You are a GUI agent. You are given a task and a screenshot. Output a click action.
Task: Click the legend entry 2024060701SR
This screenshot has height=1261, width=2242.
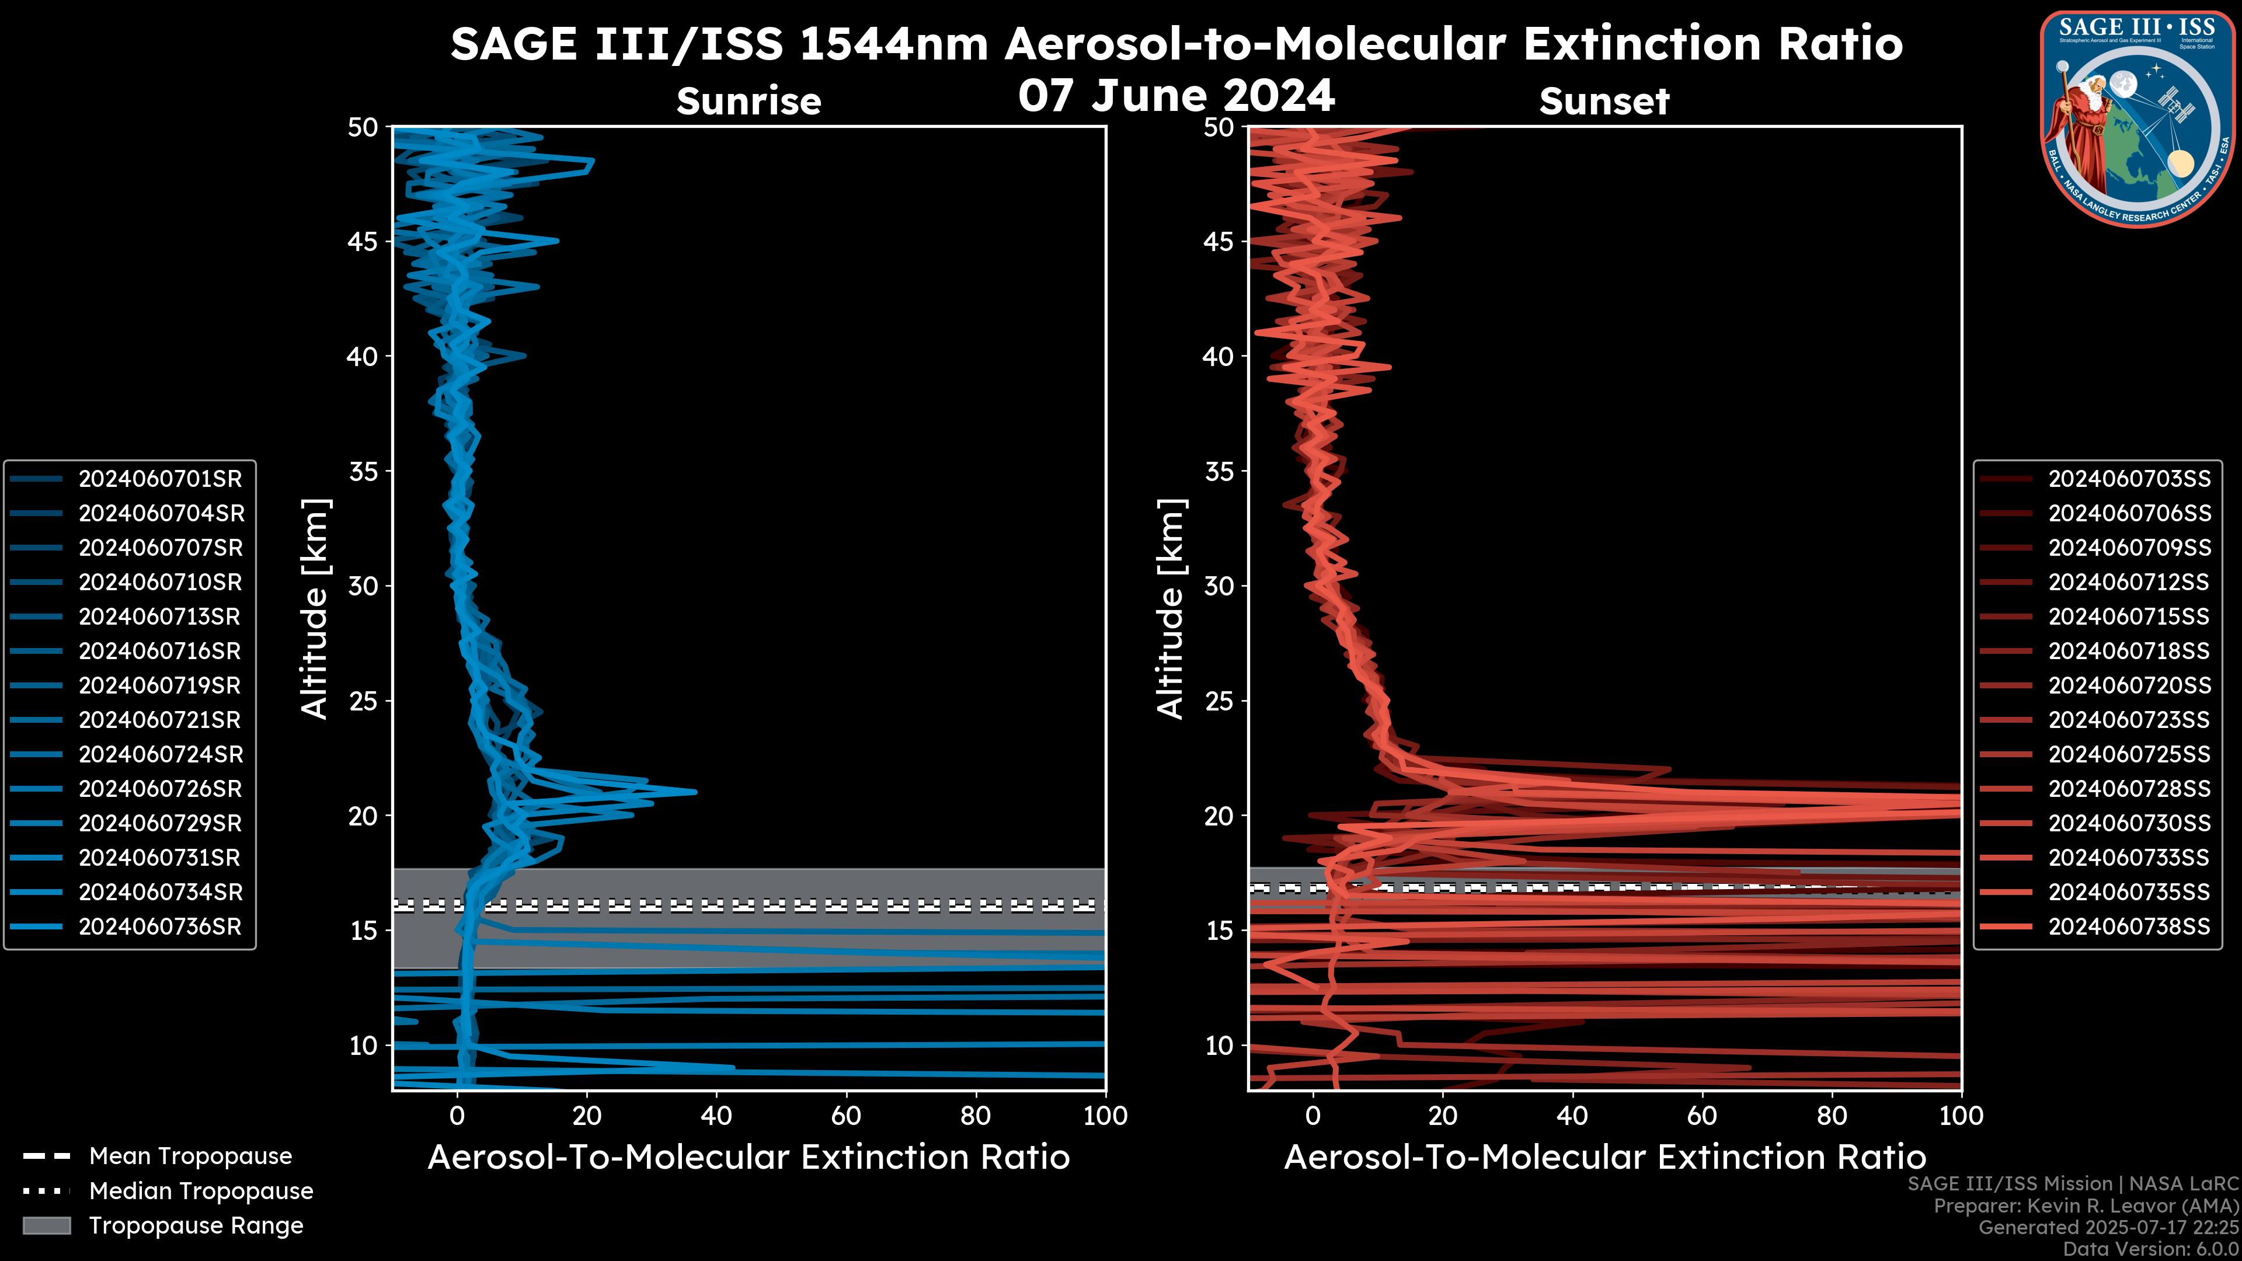pos(160,479)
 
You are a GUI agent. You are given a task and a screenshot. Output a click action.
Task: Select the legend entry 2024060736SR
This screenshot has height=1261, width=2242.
pos(160,927)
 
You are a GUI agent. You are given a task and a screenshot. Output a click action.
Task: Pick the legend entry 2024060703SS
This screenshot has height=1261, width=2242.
pos(2129,479)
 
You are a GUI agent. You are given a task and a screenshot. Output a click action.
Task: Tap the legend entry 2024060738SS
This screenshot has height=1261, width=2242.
pos(2129,927)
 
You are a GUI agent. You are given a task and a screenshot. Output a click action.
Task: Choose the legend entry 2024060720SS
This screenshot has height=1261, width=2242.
pos(2129,686)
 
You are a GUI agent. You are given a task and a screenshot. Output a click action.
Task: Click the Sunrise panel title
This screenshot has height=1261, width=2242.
pos(749,102)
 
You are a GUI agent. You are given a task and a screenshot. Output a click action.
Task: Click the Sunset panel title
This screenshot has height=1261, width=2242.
pos(1604,102)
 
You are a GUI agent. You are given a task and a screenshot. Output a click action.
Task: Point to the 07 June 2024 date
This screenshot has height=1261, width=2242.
pos(1176,96)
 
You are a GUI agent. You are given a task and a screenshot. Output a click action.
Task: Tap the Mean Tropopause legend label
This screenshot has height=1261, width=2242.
pos(190,1157)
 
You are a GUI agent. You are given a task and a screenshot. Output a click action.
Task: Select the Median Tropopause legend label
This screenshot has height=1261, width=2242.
pos(201,1192)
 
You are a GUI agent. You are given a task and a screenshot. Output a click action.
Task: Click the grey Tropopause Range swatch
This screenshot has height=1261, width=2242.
pos(46,1226)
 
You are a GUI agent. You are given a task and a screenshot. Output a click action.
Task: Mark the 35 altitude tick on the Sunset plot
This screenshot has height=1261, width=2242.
pos(1219,472)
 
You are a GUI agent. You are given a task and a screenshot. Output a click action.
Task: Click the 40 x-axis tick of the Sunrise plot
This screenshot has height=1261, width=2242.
pos(716,1116)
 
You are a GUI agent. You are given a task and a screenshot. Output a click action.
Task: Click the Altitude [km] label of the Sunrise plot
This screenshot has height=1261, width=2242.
pos(315,608)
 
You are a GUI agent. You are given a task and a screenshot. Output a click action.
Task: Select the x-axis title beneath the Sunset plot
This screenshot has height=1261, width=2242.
pos(1604,1158)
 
